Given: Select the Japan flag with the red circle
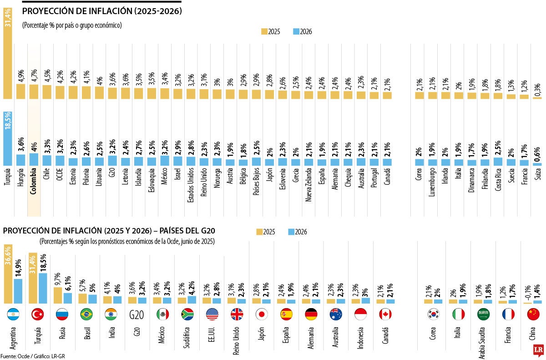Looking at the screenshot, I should coord(261,314).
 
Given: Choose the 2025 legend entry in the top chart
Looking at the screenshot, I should coord(271,31).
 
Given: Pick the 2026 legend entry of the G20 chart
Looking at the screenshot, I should coord(298,232).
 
